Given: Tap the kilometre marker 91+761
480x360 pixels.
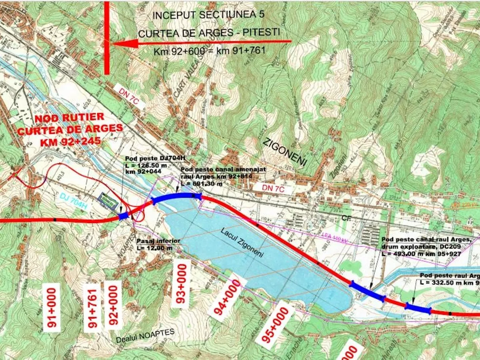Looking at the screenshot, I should click(93, 307).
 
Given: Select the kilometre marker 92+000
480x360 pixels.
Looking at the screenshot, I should click(113, 305).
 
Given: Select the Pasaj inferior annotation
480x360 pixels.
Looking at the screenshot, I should click(158, 241).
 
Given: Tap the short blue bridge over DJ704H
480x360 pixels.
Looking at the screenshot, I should click(124, 216).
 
